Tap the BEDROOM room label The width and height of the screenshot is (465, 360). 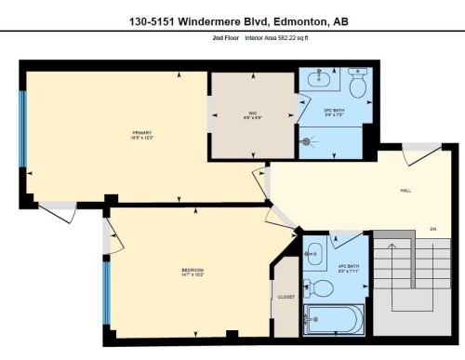(193, 270)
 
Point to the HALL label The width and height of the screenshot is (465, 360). (405, 191)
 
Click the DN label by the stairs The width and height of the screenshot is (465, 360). (432, 229)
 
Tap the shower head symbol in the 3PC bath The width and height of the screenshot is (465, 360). (308, 142)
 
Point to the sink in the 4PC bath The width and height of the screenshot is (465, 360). (315, 248)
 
